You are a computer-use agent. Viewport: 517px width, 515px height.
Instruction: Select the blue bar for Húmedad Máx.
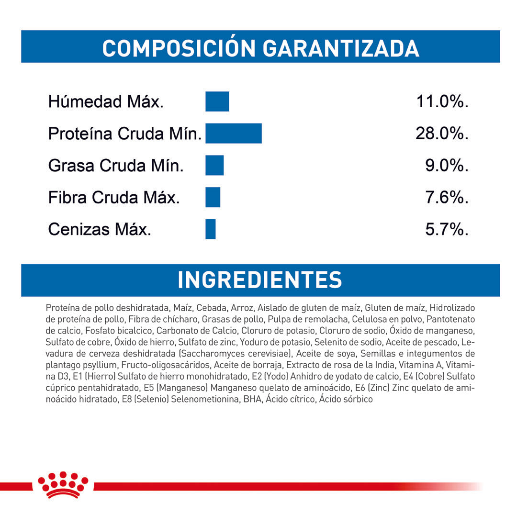(217, 101)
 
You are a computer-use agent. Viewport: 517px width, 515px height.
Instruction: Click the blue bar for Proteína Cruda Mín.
(233, 133)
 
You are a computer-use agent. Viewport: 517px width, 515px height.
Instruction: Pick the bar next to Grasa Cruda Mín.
(214, 165)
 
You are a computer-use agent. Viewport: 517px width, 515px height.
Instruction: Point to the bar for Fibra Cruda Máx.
(213, 197)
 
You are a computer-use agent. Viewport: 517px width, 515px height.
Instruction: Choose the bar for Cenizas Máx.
(210, 229)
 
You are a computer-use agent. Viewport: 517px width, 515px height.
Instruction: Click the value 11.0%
(441, 101)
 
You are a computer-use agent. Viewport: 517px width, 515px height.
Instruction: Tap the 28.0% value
(441, 134)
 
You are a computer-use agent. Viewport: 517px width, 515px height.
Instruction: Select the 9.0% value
(447, 166)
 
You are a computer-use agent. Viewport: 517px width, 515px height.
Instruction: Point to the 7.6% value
(447, 198)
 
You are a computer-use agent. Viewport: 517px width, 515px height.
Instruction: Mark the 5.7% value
(447, 230)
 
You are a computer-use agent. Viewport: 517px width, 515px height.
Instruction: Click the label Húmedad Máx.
(105, 102)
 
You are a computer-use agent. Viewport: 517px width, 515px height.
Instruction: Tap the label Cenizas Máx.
(100, 230)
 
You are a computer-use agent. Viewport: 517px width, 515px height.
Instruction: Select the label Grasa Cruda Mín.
(116, 166)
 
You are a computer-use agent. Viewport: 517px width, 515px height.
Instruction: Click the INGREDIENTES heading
(260, 280)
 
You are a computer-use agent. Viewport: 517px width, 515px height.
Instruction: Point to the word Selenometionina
(205, 399)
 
